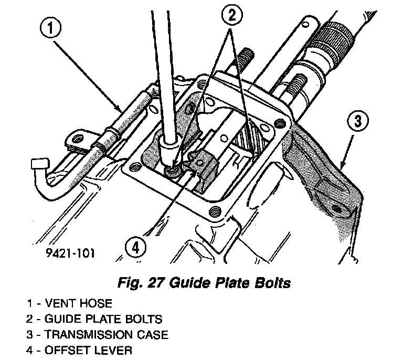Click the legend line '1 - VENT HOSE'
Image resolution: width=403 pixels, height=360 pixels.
click(x=70, y=303)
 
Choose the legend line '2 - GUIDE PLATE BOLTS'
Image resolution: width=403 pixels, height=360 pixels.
click(x=94, y=319)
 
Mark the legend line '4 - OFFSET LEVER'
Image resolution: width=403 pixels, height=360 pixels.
click(x=80, y=350)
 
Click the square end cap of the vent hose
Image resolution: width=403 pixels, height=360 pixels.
click(x=38, y=164)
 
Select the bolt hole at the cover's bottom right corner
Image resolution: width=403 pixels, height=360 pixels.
click(x=214, y=211)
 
